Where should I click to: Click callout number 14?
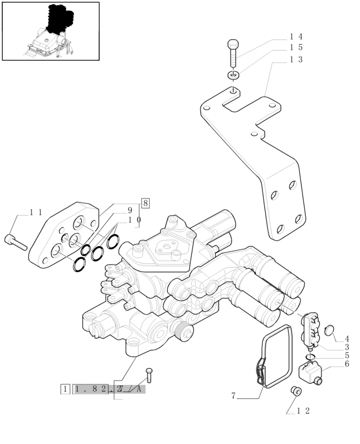[295, 37]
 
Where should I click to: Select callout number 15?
[295, 48]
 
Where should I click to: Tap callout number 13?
[295, 59]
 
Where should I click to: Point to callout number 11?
[36, 213]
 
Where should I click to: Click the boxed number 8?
[145, 203]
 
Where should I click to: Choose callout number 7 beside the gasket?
[233, 396]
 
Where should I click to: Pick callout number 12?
[303, 411]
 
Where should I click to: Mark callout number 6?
[346, 364]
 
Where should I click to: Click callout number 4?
[346, 338]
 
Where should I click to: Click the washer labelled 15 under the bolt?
[233, 75]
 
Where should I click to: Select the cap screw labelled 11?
[16, 242]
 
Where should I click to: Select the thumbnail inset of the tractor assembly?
[51, 31]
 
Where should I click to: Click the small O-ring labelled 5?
[309, 356]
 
